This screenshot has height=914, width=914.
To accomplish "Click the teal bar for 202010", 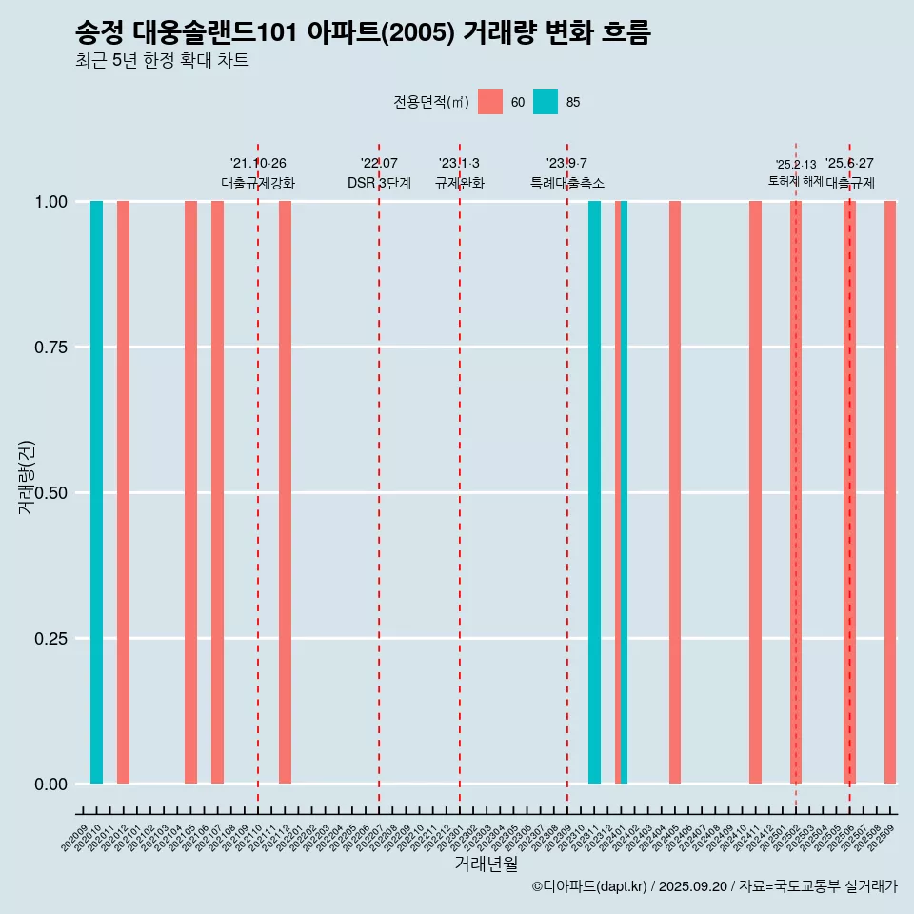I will click(96, 492).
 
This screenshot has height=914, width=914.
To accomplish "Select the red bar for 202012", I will click(123, 492).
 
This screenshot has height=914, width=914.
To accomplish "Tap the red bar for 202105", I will click(190, 492).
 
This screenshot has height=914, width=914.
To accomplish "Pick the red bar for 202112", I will click(285, 492).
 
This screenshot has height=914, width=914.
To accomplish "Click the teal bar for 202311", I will click(594, 492).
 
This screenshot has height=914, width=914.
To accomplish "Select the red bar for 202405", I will click(675, 492).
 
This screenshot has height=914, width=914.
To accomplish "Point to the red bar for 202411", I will click(755, 492).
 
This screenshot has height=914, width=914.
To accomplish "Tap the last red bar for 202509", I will click(890, 492).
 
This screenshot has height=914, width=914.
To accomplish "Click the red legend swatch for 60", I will click(490, 102).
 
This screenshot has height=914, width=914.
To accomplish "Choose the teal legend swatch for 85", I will click(546, 102).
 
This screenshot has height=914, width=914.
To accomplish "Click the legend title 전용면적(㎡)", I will click(431, 102).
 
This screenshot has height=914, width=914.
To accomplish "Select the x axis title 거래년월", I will click(486, 864).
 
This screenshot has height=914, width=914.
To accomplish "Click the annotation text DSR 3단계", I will click(379, 183).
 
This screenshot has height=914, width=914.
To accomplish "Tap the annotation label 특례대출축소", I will click(567, 183).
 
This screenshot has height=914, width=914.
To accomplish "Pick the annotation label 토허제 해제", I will click(795, 181).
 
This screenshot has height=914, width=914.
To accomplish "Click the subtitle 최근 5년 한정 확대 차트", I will click(162, 61).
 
